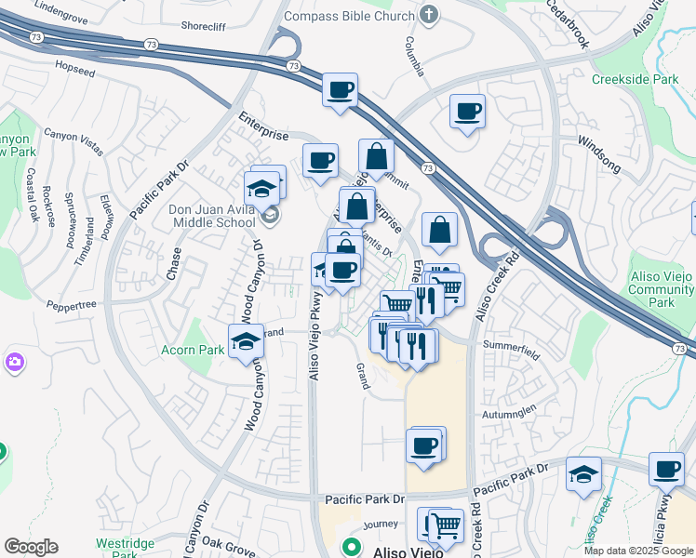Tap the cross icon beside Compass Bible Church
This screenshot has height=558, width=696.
[428, 14]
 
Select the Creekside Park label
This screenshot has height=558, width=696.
[636, 80]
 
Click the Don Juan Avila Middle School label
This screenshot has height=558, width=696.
[212, 216]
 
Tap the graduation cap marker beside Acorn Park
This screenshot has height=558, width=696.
[247, 341]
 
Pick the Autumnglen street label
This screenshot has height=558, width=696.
[509, 411]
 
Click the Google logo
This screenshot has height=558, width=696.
[31, 547]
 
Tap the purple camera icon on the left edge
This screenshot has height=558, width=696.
[13, 361]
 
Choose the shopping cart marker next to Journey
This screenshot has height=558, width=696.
[446, 525]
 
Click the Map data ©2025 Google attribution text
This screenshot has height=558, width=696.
[638, 551]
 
